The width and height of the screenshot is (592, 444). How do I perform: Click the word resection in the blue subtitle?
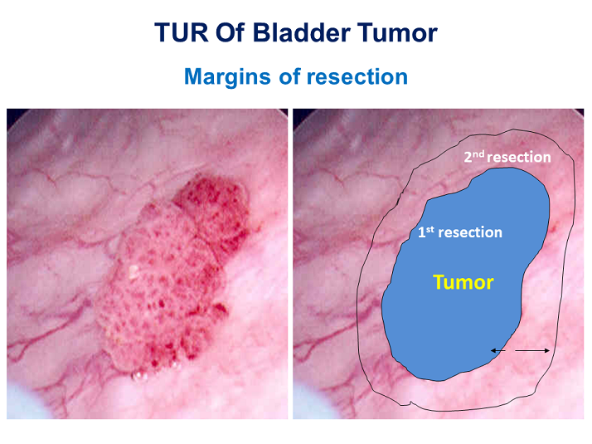357,77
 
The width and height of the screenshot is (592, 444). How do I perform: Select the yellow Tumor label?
463,282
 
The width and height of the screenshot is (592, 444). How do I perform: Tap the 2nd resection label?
507,156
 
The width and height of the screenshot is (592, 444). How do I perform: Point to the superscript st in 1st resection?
429,229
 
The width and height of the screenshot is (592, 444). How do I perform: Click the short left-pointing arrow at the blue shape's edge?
498,351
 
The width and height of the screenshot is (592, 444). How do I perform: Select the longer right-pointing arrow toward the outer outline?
532,351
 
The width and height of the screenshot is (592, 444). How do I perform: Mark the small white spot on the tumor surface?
132,270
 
